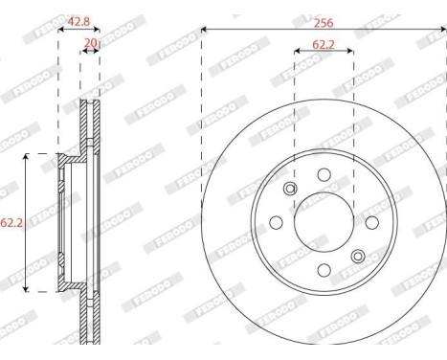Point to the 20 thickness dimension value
pyautogui.click(x=91, y=42)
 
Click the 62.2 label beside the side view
pyautogui.click(x=11, y=224)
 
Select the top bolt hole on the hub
pyautogui.click(x=324, y=174)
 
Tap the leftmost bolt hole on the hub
pyautogui.click(x=276, y=222)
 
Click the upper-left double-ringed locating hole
pyautogui.click(x=290, y=189)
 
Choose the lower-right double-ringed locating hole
pyautogui.click(x=358, y=256)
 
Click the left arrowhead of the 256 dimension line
pyautogui.click(x=206, y=29)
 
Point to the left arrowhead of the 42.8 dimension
pyautogui.click(x=61, y=29)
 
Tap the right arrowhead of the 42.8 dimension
pyautogui.click(x=98, y=29)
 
